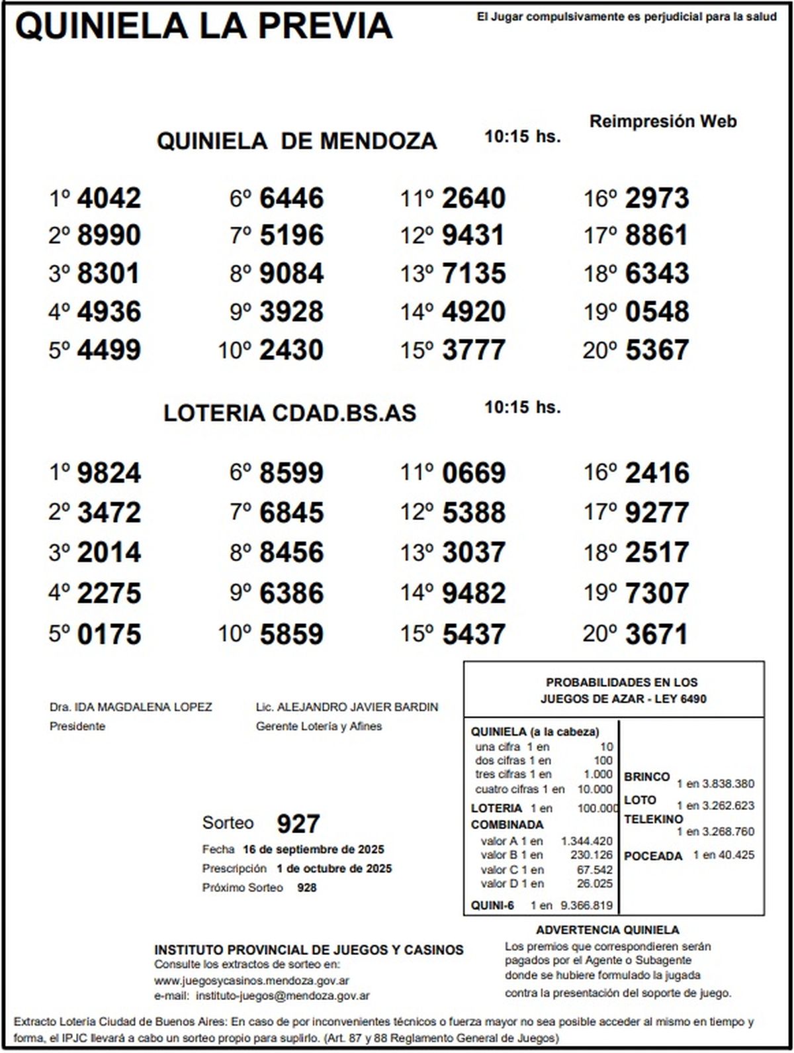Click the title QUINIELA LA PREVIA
click(204, 26)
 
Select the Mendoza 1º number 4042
click(109, 198)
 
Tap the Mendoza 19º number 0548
click(656, 311)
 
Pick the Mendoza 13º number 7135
click(474, 274)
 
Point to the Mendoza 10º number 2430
click(291, 350)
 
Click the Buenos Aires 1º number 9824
click(109, 473)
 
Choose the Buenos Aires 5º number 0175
click(109, 634)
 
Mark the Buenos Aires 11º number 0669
click(474, 473)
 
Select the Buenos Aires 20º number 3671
click(656, 634)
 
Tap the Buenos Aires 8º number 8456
click(291, 552)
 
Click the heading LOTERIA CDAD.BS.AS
click(290, 413)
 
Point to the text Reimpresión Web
click(662, 122)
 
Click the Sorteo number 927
click(298, 824)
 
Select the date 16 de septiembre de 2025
click(313, 850)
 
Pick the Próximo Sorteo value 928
click(306, 887)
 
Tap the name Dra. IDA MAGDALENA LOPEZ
click(130, 707)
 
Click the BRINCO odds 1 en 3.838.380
click(715, 784)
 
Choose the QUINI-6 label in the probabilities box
click(492, 905)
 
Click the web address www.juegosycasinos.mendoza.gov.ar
click(251, 981)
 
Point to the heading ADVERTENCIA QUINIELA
click(607, 930)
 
